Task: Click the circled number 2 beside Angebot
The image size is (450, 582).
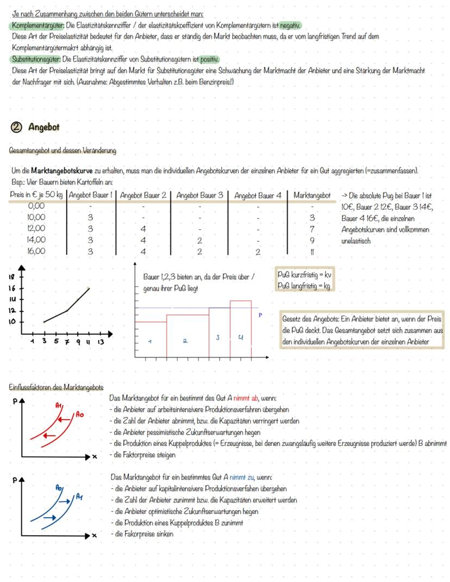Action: pos(16,127)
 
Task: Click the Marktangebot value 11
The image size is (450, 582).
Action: pos(312,252)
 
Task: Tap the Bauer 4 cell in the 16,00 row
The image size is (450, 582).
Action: pos(258,252)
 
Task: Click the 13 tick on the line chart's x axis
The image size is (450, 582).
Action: pos(101,342)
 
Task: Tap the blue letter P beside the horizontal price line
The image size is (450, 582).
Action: pos(260,315)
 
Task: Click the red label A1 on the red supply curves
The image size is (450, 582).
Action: pos(59,405)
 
